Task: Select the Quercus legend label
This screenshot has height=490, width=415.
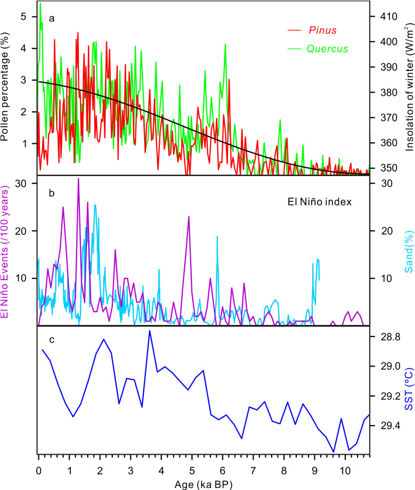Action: [327, 48]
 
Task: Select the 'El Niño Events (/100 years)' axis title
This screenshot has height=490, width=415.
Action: [6, 251]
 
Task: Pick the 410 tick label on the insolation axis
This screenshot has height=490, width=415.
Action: [383, 17]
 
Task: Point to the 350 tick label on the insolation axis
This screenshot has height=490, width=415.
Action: [383, 168]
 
